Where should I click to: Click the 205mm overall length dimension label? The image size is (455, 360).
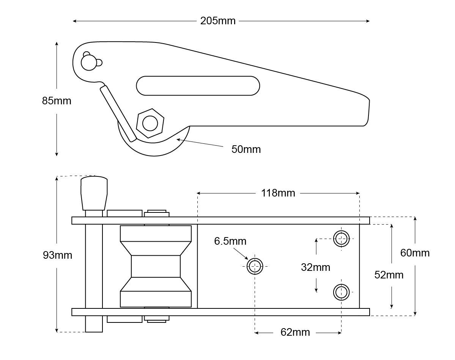point(218,21)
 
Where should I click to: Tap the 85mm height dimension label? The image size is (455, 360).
point(57,101)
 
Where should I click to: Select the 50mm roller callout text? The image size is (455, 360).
point(246,149)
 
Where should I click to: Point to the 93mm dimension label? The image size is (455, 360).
point(57,255)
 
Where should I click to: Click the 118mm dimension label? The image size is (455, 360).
point(278,193)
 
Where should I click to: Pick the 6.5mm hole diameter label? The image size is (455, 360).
point(230,241)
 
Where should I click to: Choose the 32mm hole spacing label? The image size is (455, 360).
point(315,267)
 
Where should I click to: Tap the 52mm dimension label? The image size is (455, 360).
point(389,275)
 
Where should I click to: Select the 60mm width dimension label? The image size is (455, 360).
point(415,253)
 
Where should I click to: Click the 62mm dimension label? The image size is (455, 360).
point(295,332)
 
